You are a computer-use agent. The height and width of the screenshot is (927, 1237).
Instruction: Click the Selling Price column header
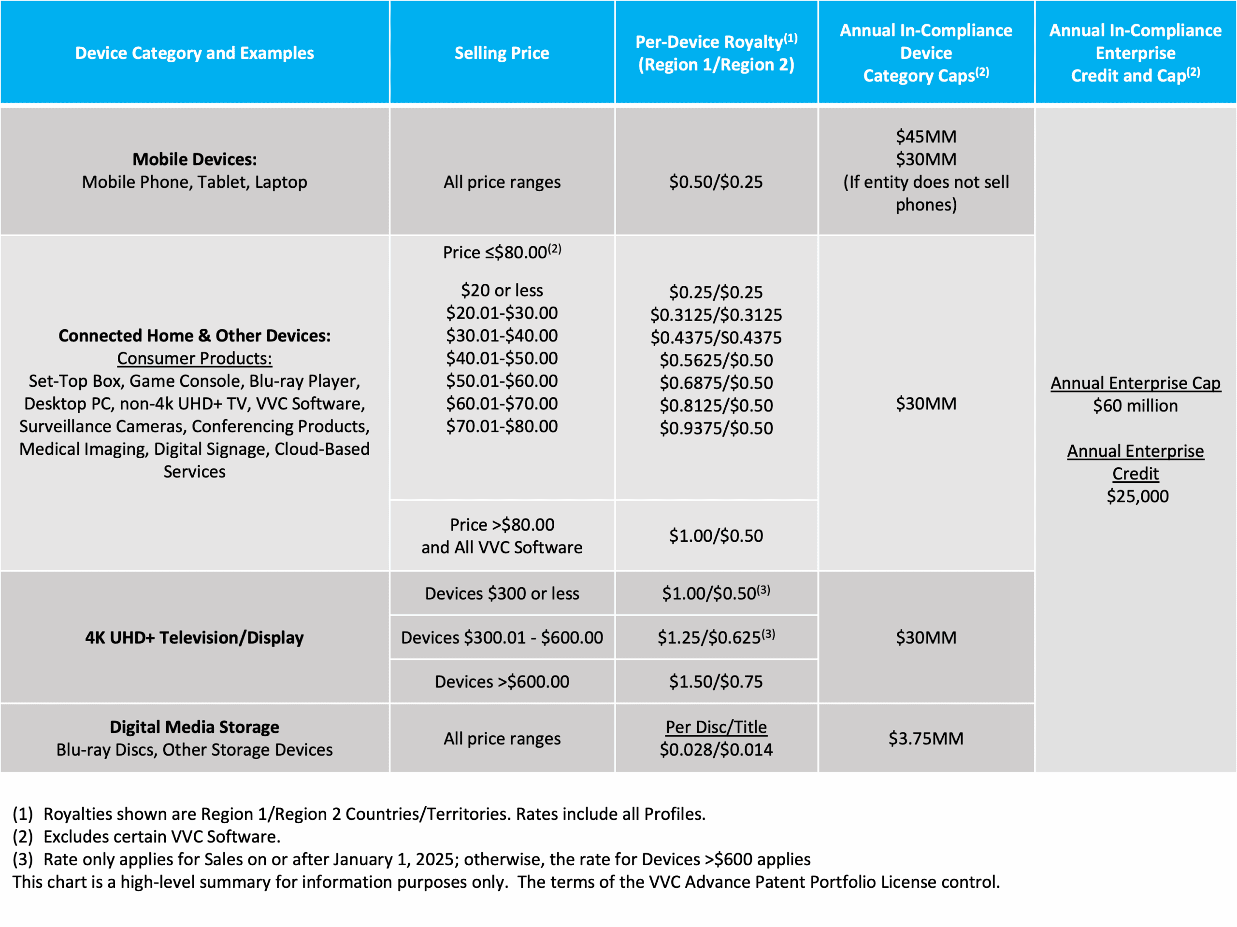(x=502, y=53)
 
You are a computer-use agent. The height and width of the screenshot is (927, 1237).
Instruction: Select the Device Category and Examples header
(x=195, y=53)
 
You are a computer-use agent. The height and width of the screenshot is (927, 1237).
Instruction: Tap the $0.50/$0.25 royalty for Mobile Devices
(x=716, y=182)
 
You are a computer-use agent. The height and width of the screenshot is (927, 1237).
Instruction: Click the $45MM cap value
(x=926, y=136)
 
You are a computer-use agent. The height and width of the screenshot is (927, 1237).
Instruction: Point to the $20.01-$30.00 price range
(x=502, y=313)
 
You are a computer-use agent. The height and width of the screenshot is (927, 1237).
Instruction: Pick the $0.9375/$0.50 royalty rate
(x=716, y=429)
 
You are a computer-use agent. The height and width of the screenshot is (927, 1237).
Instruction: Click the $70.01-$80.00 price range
(x=502, y=426)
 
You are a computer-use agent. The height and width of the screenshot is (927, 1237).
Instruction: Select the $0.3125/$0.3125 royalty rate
(x=716, y=315)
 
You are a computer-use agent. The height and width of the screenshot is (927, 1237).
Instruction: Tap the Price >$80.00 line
(x=502, y=525)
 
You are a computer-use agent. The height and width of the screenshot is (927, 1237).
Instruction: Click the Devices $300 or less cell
(x=502, y=593)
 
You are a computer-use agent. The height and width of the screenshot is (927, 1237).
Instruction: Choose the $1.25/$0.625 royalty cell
(x=716, y=638)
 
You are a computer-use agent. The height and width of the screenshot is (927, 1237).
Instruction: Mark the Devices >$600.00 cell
(x=502, y=682)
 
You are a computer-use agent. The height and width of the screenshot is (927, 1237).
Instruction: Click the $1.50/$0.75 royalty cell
(x=716, y=682)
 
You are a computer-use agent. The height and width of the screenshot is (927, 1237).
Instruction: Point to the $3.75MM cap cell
(x=926, y=739)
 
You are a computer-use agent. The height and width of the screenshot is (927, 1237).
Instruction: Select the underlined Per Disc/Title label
(x=716, y=727)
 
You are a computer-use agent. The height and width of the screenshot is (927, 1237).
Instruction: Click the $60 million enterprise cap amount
(x=1135, y=406)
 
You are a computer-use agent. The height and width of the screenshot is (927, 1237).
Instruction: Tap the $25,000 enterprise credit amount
(x=1137, y=496)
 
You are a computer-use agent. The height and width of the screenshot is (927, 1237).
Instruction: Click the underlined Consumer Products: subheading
(x=195, y=358)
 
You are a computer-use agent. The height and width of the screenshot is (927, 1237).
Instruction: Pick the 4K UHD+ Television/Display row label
(x=195, y=638)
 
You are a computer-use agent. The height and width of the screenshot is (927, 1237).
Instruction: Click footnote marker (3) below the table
(x=22, y=859)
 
